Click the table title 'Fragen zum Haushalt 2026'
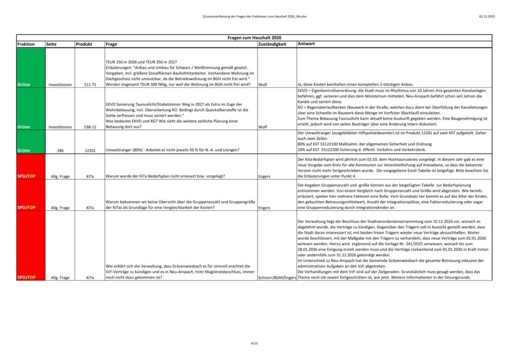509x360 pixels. coord(254,37)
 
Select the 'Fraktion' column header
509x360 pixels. coord(26,44)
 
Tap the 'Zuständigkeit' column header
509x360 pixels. coord(272,44)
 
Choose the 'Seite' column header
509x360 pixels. coord(51,44)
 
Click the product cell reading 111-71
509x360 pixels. coord(90,85)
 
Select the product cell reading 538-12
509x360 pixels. coord(90,127)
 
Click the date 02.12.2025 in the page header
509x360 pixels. coord(487,16)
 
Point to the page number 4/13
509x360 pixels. coord(254,343)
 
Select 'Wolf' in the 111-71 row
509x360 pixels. coord(263,85)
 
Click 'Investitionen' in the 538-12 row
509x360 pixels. coord(60,127)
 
